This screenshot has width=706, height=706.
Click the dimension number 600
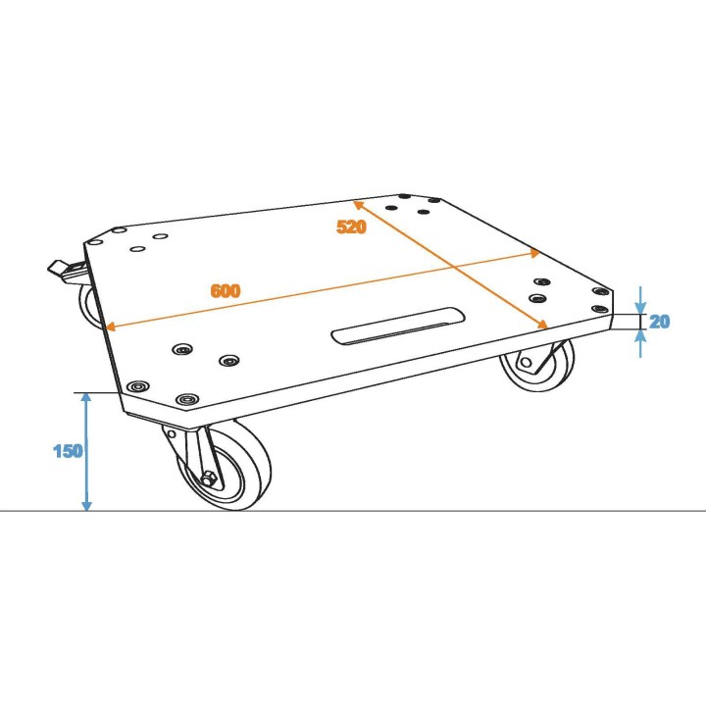[226, 291]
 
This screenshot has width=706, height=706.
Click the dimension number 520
[351, 227]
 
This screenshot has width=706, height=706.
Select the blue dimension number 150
[69, 451]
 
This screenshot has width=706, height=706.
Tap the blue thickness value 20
[660, 321]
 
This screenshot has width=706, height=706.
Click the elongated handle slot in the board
[397, 326]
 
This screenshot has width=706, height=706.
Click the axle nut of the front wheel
[210, 479]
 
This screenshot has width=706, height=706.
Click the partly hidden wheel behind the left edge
[90, 306]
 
